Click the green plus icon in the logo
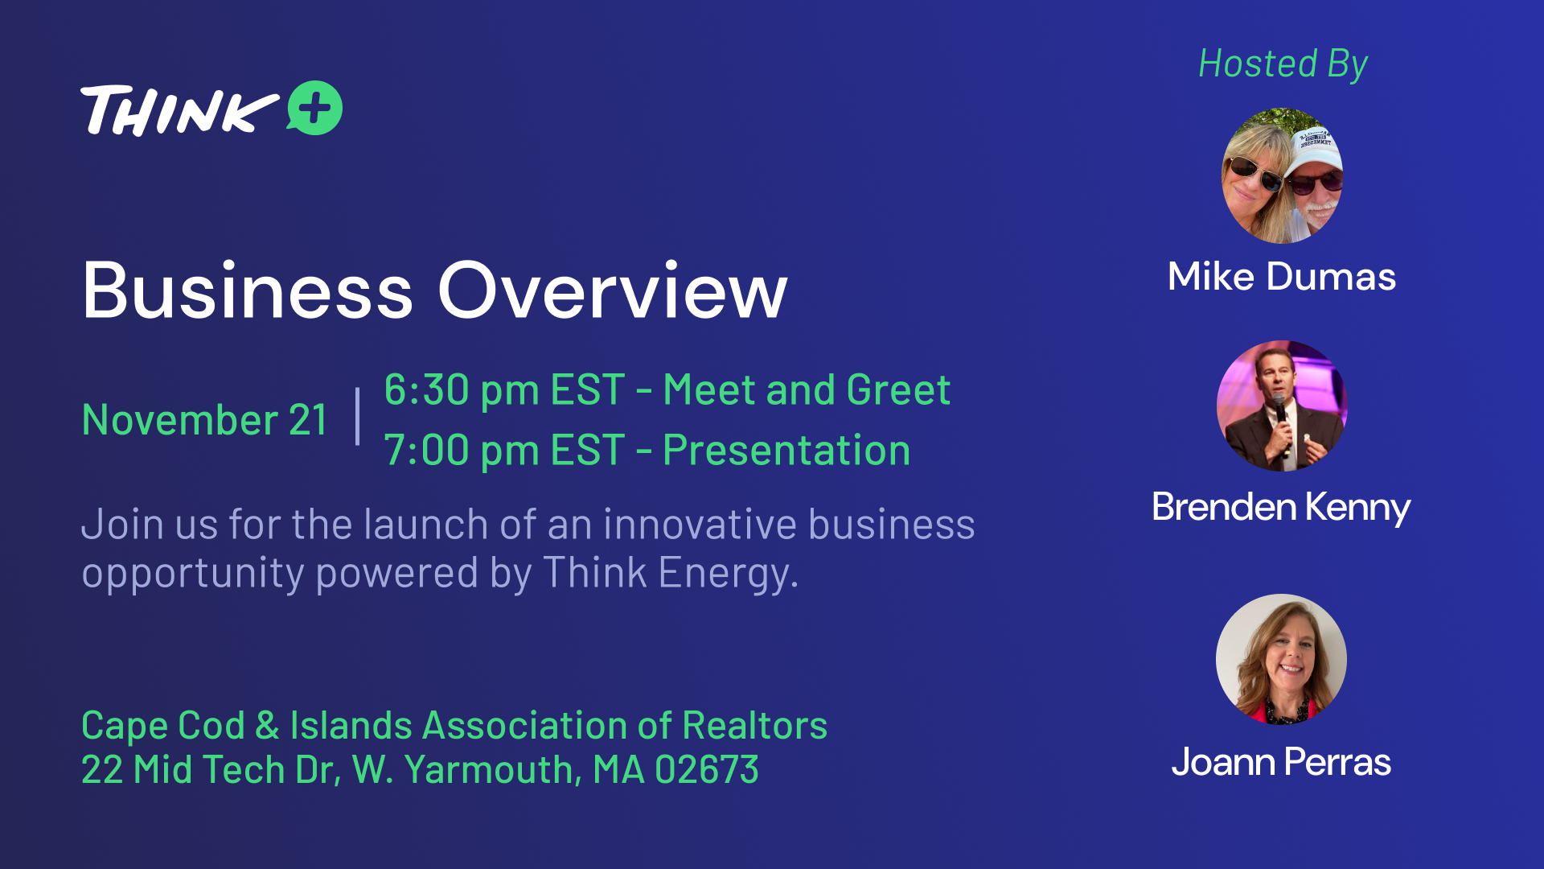point(314,108)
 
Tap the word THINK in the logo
point(179,110)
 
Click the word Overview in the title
point(612,290)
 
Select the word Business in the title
point(248,290)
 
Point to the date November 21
point(204,419)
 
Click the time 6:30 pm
point(462,390)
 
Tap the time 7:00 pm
point(462,450)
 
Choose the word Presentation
point(786,450)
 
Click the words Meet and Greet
point(807,390)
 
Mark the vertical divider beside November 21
point(358,416)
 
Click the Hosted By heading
point(1283,64)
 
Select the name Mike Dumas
point(1282,277)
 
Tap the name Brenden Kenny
point(1281,507)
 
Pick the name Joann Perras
point(1281,761)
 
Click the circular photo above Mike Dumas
point(1282,175)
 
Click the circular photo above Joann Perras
point(1281,659)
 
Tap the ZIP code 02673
point(707,770)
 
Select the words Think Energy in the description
point(671,574)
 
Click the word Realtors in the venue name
point(755,726)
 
